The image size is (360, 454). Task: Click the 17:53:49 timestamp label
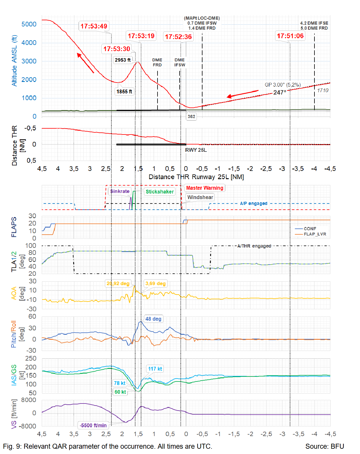94,26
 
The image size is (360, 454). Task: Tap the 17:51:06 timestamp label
290,36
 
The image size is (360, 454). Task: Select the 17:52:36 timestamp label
178,37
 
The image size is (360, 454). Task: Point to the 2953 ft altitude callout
123,60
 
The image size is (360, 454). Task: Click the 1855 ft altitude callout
124,92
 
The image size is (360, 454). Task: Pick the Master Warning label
205,188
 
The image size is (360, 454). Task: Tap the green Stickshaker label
160,192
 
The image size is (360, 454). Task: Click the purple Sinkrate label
120,191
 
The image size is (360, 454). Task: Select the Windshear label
200,197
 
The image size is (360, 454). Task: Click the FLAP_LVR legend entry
315,234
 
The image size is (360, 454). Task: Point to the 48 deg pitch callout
153,319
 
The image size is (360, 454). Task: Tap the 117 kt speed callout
155,369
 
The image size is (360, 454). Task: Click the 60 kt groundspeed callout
120,392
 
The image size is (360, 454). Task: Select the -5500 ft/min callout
93,425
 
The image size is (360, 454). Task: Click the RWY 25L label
196,150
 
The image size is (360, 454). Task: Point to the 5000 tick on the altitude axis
29,24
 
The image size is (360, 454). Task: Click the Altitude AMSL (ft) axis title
14,60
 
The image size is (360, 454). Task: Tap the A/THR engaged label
254,246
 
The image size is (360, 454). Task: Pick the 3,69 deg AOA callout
155,284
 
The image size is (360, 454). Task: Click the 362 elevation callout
191,117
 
